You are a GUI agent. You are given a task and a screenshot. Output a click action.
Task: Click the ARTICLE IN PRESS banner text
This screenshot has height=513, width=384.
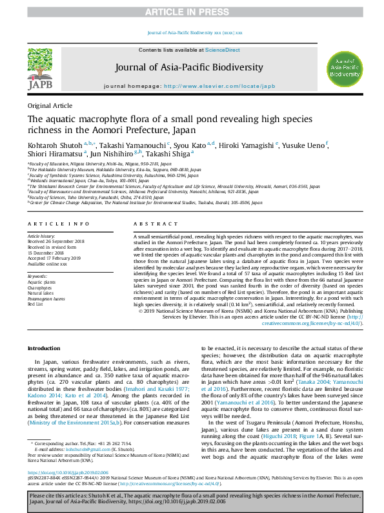[192, 12]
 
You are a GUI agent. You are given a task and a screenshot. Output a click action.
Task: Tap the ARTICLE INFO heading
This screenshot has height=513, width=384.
[59, 224]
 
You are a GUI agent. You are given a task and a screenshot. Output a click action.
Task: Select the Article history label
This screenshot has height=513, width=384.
[41, 237]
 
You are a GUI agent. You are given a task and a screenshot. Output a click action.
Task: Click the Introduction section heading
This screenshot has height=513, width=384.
[45, 348]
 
